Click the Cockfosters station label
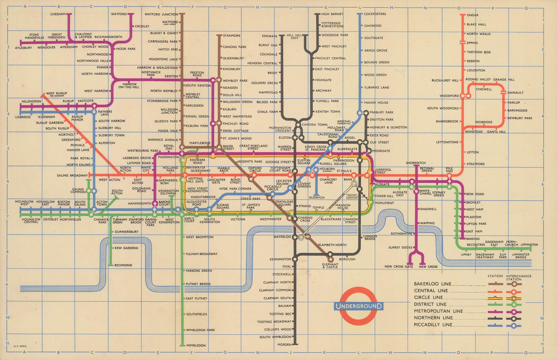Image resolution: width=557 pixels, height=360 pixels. [x=375, y=14]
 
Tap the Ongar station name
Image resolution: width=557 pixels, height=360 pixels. [x=472, y=15]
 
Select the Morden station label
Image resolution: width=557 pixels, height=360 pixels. [x=284, y=345]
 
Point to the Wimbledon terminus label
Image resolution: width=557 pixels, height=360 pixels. [x=196, y=345]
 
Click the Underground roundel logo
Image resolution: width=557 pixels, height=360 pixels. [x=358, y=306]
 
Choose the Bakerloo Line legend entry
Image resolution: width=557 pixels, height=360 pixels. [x=432, y=284]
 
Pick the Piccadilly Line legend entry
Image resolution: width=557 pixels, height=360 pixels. [x=433, y=325]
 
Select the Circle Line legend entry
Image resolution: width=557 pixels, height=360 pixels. [x=428, y=297]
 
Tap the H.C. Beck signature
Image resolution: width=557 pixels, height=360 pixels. [x=20, y=346]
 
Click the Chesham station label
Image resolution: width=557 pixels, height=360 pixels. [x=58, y=14]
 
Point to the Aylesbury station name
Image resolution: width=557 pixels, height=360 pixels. [x=23, y=48]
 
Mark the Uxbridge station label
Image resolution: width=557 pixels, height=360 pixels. [x=23, y=117]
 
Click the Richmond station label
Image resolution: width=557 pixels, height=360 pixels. [x=123, y=265]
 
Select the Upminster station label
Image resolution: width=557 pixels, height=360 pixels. [x=529, y=245]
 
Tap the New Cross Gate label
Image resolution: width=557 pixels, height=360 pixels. [x=399, y=267]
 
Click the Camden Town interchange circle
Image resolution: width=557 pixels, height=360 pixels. [x=298, y=125]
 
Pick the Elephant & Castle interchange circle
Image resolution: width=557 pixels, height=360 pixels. [x=330, y=259]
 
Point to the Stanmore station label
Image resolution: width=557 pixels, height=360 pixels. [x=232, y=36]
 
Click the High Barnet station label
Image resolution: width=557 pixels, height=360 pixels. [x=332, y=14]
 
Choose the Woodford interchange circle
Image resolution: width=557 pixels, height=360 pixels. [x=465, y=96]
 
